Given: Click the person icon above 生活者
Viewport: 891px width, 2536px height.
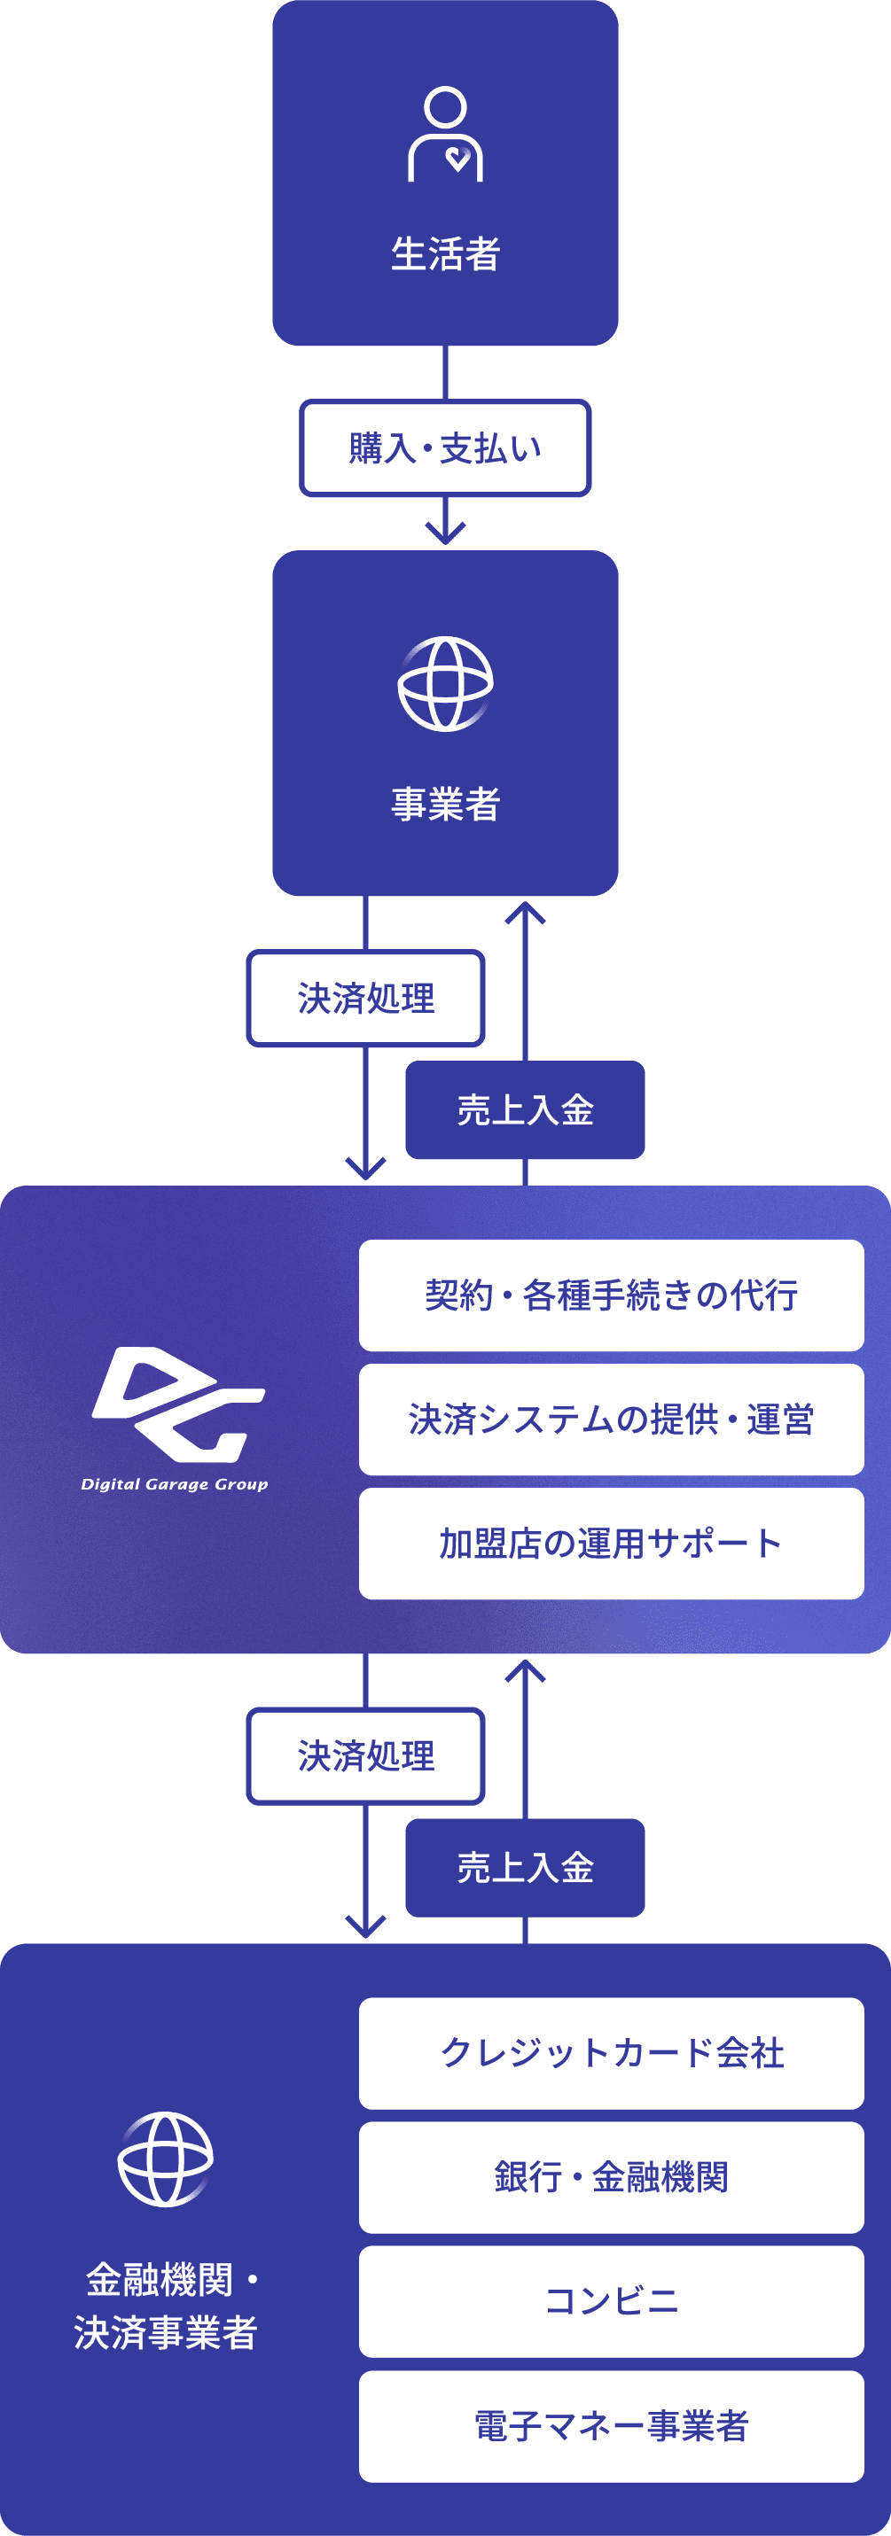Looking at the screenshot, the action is click(x=446, y=134).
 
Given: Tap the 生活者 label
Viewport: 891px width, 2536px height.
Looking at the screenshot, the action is click(x=446, y=254).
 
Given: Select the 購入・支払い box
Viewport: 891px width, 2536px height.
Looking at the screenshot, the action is click(x=445, y=448).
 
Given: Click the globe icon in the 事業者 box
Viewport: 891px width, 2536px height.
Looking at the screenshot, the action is click(x=445, y=684).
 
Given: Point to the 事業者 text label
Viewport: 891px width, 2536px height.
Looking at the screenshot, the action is click(x=446, y=805).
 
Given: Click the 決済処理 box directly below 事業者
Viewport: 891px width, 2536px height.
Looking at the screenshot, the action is click(x=365, y=999).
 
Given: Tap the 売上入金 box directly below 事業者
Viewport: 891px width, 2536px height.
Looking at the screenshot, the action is click(x=525, y=1109).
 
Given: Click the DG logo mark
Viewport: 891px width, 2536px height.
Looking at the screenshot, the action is click(x=178, y=1404).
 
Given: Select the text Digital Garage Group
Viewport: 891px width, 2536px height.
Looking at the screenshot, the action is click(x=175, y=1484).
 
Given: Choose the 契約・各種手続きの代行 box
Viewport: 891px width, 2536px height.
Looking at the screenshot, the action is click(x=612, y=1295).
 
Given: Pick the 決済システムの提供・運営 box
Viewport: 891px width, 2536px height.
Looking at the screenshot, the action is click(x=612, y=1420).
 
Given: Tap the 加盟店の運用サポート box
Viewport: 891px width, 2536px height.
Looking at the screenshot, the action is click(x=612, y=1544).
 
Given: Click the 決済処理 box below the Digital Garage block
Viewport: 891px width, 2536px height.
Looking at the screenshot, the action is click(x=365, y=1756).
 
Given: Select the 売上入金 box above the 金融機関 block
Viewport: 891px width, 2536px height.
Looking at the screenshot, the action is click(x=525, y=1868).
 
